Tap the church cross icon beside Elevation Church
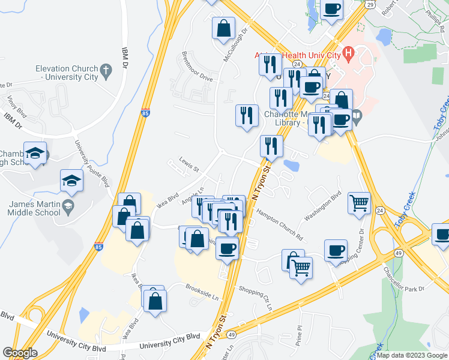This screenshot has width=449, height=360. tap(106, 70)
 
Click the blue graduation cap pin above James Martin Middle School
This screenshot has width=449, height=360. tap(71, 180)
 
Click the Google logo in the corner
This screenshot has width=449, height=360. tap(19, 353)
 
